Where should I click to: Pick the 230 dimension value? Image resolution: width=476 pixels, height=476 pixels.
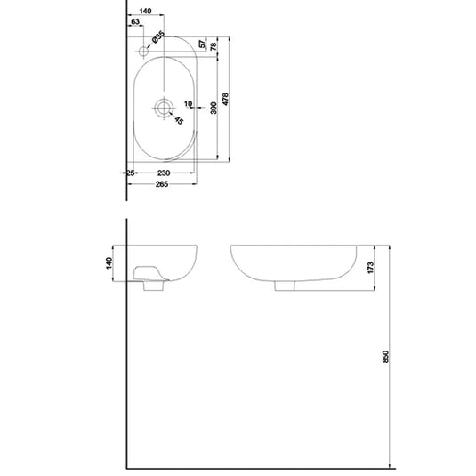point(165,173)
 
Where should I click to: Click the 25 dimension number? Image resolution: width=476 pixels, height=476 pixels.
point(130,173)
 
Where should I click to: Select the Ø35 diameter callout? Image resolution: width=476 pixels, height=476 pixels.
point(157,38)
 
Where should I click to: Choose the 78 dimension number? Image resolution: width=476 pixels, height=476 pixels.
point(214,44)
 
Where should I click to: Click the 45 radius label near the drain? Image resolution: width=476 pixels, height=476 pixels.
point(178,121)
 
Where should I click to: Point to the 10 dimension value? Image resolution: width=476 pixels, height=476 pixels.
point(188,103)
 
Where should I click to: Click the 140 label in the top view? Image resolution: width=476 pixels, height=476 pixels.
point(146,11)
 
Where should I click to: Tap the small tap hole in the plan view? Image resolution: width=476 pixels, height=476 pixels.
point(143,52)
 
